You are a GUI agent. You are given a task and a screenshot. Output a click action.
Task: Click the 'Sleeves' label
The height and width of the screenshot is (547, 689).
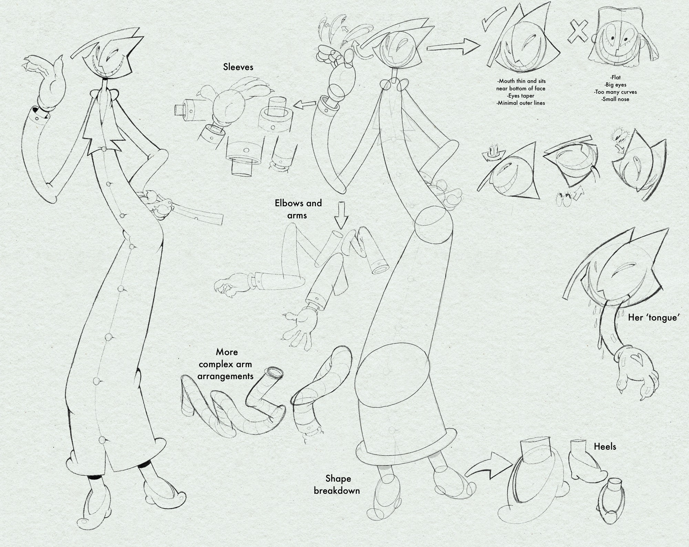tap(238, 67)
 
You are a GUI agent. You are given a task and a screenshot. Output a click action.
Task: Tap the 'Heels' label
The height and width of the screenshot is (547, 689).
tap(605, 447)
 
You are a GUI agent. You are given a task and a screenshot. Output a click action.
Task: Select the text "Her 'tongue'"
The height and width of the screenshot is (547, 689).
tap(653, 318)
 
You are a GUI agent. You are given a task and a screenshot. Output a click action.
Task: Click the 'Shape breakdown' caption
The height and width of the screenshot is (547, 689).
tap(337, 484)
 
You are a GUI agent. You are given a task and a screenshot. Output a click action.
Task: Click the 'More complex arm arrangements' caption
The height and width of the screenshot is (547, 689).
tap(226, 364)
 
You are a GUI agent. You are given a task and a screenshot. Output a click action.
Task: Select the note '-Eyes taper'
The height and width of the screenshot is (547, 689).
tap(521, 96)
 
